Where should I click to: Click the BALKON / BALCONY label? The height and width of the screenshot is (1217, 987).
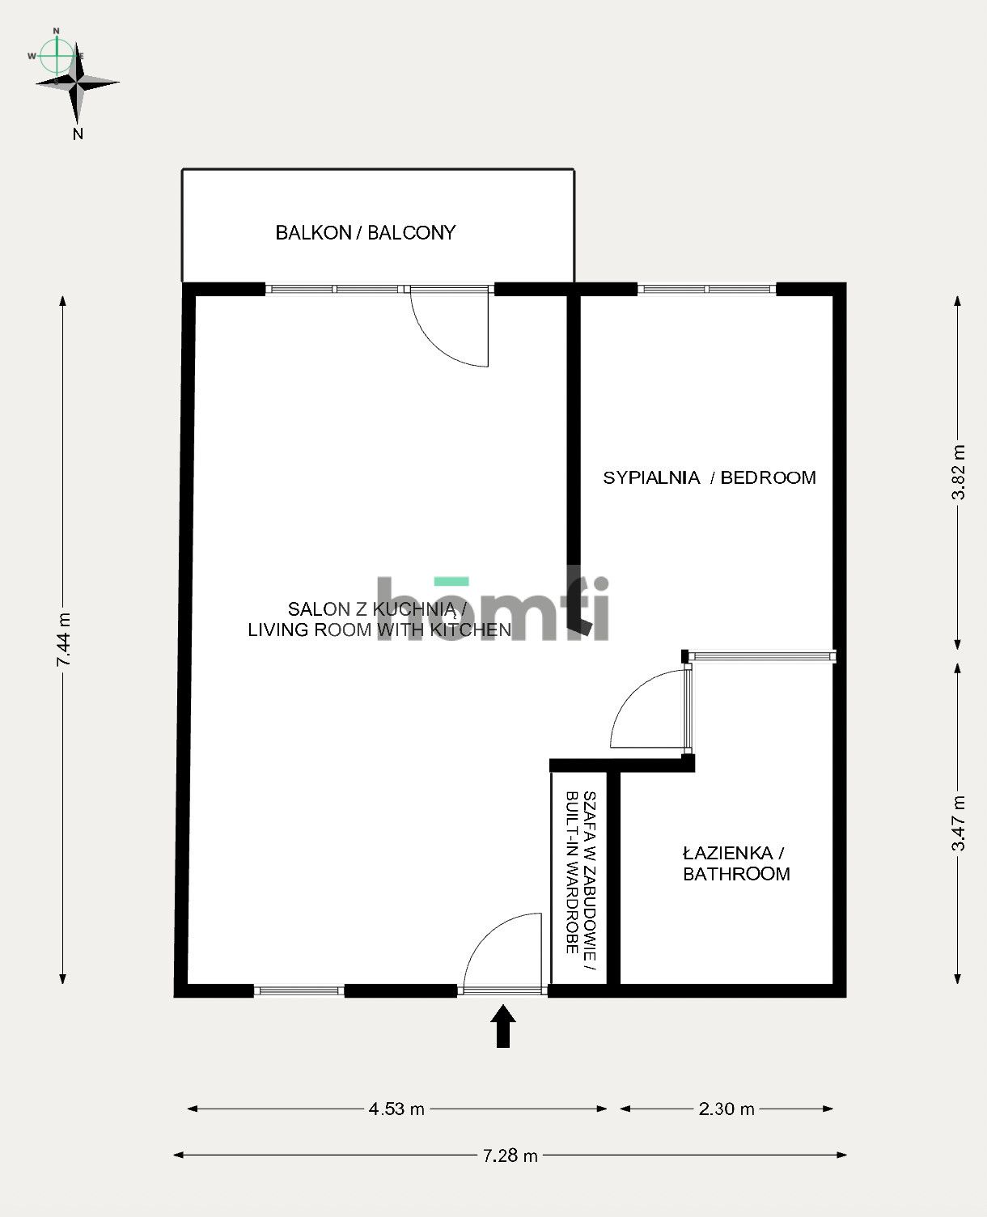coord(366,233)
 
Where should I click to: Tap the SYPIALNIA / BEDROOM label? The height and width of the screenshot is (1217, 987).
coord(710,477)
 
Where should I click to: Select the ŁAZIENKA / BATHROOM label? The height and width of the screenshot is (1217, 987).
coord(735,863)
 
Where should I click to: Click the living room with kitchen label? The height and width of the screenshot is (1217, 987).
coord(379,620)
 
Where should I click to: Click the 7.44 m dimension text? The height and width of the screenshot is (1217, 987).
coord(64,639)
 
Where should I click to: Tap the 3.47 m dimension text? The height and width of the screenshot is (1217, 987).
coord(959,823)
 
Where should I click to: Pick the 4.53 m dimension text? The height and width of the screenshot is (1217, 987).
coord(396,1109)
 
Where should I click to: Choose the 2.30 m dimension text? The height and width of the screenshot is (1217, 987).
coord(726,1109)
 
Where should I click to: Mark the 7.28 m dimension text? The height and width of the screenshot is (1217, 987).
coord(510,1156)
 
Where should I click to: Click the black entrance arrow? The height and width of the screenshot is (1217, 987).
coord(503,1026)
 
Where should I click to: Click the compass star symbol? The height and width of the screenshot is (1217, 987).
coord(78,83)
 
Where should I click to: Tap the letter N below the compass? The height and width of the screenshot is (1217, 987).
coord(78,134)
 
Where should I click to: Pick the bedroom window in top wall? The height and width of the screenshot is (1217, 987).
coord(707,289)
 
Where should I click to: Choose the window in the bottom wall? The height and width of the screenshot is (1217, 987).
coord(299,990)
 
